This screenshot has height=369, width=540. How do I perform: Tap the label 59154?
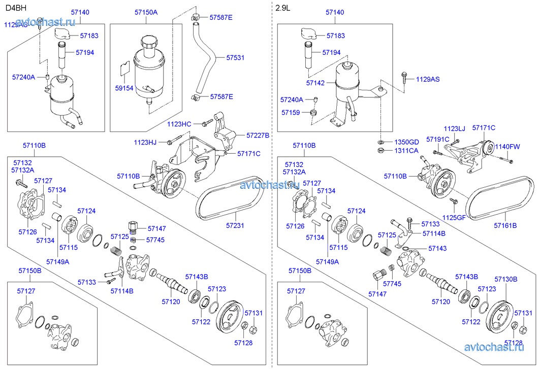(124, 88)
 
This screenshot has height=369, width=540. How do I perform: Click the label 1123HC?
(179, 123)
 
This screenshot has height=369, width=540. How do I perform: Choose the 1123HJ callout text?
(145, 142)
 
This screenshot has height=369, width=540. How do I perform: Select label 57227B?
(258, 136)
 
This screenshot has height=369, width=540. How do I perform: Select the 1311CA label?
(406, 150)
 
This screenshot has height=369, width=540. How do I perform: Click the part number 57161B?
(505, 225)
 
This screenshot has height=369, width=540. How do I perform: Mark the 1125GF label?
(454, 217)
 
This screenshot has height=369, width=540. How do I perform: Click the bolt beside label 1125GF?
(455, 202)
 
